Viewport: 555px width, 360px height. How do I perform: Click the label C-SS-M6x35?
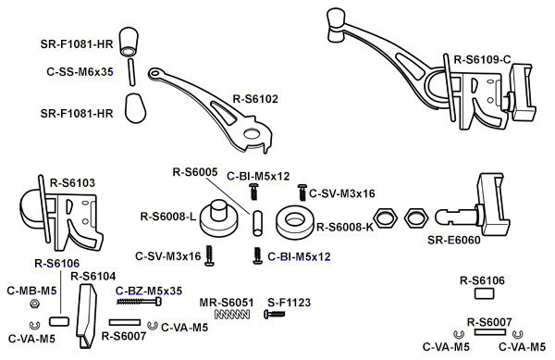[x=80, y=72]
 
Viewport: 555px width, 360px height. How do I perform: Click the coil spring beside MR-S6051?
[x=232, y=314]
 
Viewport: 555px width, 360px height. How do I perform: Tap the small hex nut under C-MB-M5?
[x=34, y=304]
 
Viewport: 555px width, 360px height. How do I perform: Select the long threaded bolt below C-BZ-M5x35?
[x=139, y=302]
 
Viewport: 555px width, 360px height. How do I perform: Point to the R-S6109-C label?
[x=483, y=59]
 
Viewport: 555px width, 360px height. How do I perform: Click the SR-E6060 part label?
[x=454, y=240]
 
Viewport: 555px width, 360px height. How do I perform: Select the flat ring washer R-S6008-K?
[x=294, y=222]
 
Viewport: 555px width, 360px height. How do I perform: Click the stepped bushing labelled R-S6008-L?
[x=218, y=218]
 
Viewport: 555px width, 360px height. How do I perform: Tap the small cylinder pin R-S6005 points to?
[x=258, y=223]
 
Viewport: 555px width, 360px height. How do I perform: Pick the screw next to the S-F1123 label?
[x=275, y=314]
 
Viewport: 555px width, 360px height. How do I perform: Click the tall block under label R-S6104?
[x=87, y=316]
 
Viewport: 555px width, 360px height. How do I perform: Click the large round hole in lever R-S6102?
[x=251, y=134]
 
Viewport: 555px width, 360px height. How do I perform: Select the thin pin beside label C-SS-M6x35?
[x=131, y=72]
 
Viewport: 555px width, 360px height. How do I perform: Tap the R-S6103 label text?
[x=72, y=183]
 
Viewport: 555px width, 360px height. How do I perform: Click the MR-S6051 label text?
[x=227, y=303]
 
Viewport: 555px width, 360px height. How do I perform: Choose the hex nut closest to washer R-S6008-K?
[x=385, y=217]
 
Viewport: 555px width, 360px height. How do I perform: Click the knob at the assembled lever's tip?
[x=337, y=24]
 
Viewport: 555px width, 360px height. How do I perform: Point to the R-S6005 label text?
[x=195, y=172]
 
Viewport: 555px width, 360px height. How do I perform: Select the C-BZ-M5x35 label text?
[x=149, y=291]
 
